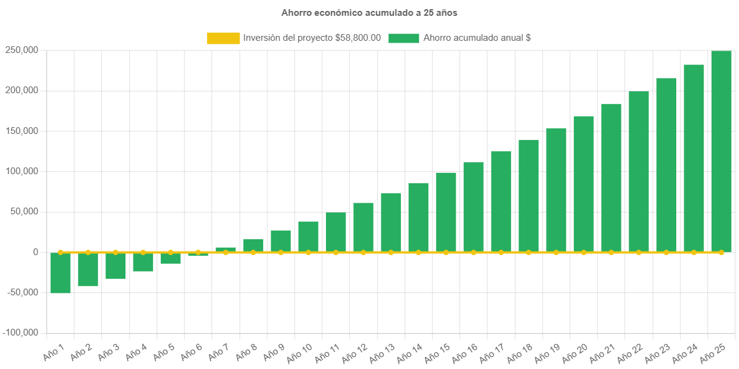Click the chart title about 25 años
coord(369,12)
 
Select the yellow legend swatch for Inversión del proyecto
coord(223,38)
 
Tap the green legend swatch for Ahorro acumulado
coord(403,38)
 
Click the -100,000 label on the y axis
coord(21,332)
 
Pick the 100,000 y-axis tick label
coord(22,171)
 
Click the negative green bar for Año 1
coord(60,273)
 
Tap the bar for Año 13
coord(391,222)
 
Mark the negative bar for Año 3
coord(115,265)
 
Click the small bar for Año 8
coord(253,245)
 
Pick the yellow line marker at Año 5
coord(171,252)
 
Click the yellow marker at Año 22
coord(638,252)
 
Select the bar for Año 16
coord(473,206)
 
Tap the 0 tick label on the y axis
coord(36,252)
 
